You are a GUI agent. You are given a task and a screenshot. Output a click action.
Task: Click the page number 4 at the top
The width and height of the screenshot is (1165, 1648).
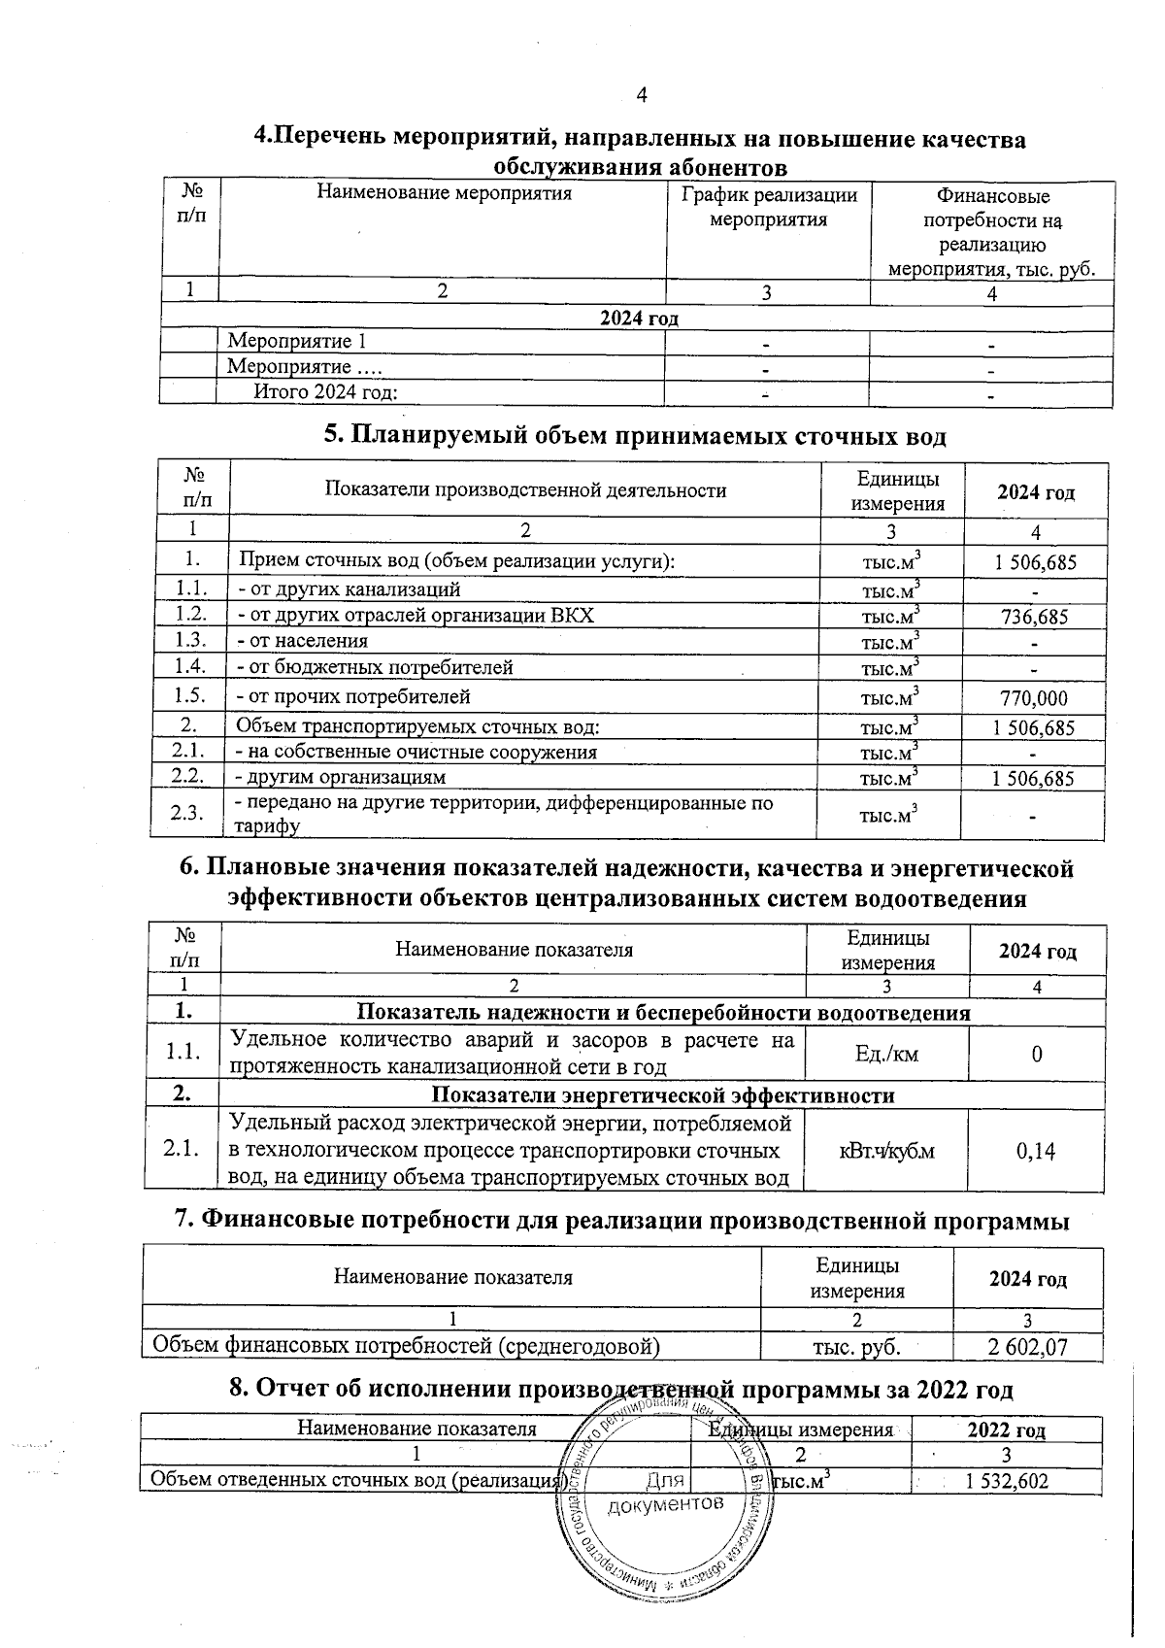640,95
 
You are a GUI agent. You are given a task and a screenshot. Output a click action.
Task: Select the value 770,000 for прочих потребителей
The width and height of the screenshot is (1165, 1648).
1033,698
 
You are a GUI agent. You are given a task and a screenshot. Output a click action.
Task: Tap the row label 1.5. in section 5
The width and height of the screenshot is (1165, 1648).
190,696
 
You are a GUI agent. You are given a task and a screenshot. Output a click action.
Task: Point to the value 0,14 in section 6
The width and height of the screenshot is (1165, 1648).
1036,1152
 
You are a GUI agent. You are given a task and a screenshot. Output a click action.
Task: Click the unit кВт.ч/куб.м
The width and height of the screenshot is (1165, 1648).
886,1152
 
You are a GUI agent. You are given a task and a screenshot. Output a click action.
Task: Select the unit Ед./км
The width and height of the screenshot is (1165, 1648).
886,1054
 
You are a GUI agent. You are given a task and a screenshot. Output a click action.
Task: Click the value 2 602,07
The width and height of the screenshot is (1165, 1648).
1028,1347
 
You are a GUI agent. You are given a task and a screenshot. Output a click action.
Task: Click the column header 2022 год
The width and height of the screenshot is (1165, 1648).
1006,1430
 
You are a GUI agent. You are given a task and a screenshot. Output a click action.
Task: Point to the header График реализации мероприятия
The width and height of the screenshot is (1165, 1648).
768,207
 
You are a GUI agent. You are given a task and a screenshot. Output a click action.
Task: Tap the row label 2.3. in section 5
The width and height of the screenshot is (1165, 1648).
187,814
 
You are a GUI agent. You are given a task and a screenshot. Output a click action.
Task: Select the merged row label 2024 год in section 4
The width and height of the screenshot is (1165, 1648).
638,319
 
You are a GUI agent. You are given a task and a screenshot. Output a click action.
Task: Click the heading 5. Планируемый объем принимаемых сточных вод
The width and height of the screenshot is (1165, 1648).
634,436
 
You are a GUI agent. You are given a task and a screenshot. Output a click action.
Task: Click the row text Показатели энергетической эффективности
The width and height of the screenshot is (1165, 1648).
662,1095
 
